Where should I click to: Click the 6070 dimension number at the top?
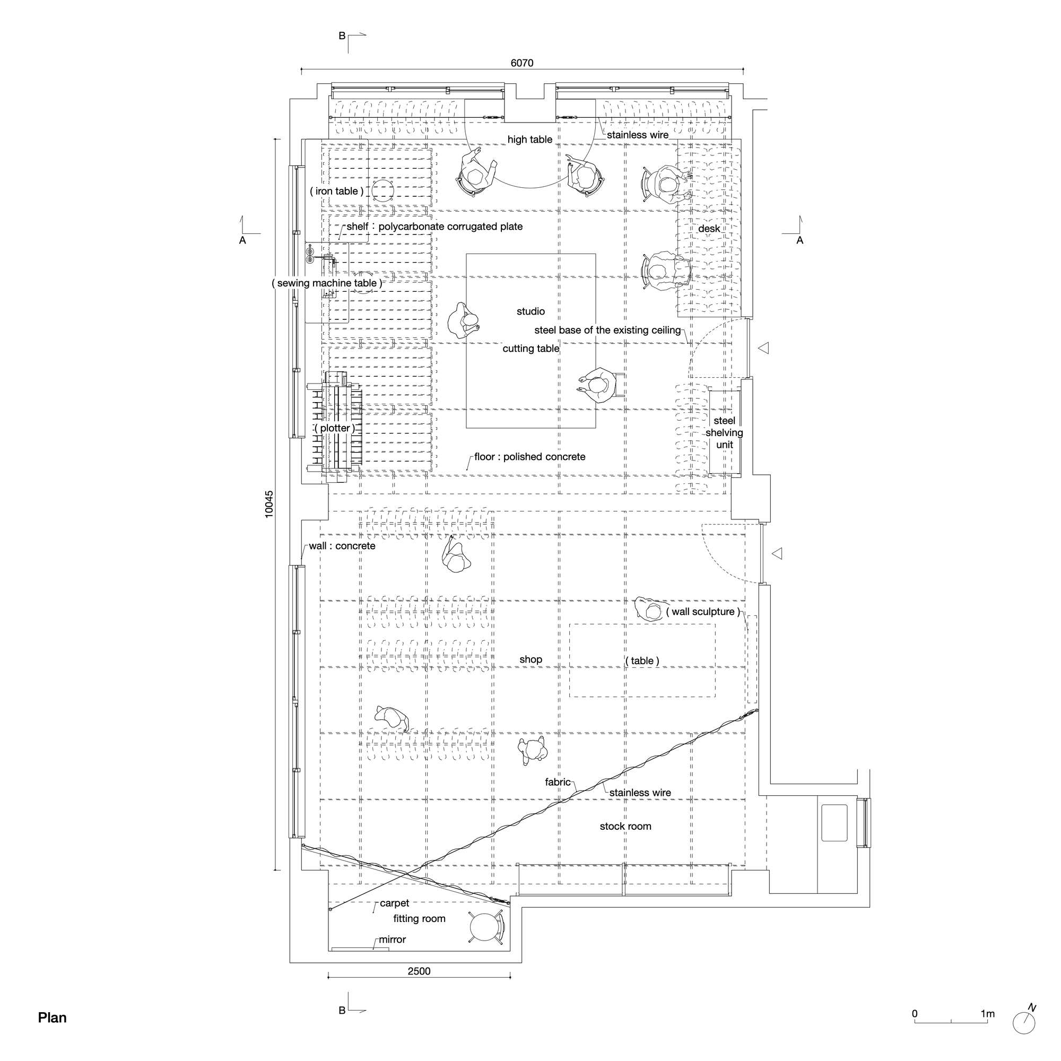[521, 63]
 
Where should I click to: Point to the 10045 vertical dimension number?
[268, 503]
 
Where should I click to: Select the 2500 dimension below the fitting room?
[419, 971]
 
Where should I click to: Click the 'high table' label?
[529, 140]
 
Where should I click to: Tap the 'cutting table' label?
[530, 349]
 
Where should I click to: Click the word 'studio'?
[530, 311]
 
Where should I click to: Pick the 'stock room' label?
[625, 827]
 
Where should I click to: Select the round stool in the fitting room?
[485, 927]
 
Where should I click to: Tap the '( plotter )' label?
[334, 428]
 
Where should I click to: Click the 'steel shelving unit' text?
[724, 433]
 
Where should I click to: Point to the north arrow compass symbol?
[1024, 1023]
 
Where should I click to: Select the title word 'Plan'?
[52, 1017]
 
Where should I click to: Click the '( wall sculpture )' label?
[702, 612]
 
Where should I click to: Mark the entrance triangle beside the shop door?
[777, 553]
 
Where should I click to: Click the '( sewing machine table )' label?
[327, 283]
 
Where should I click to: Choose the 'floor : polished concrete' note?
[529, 457]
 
